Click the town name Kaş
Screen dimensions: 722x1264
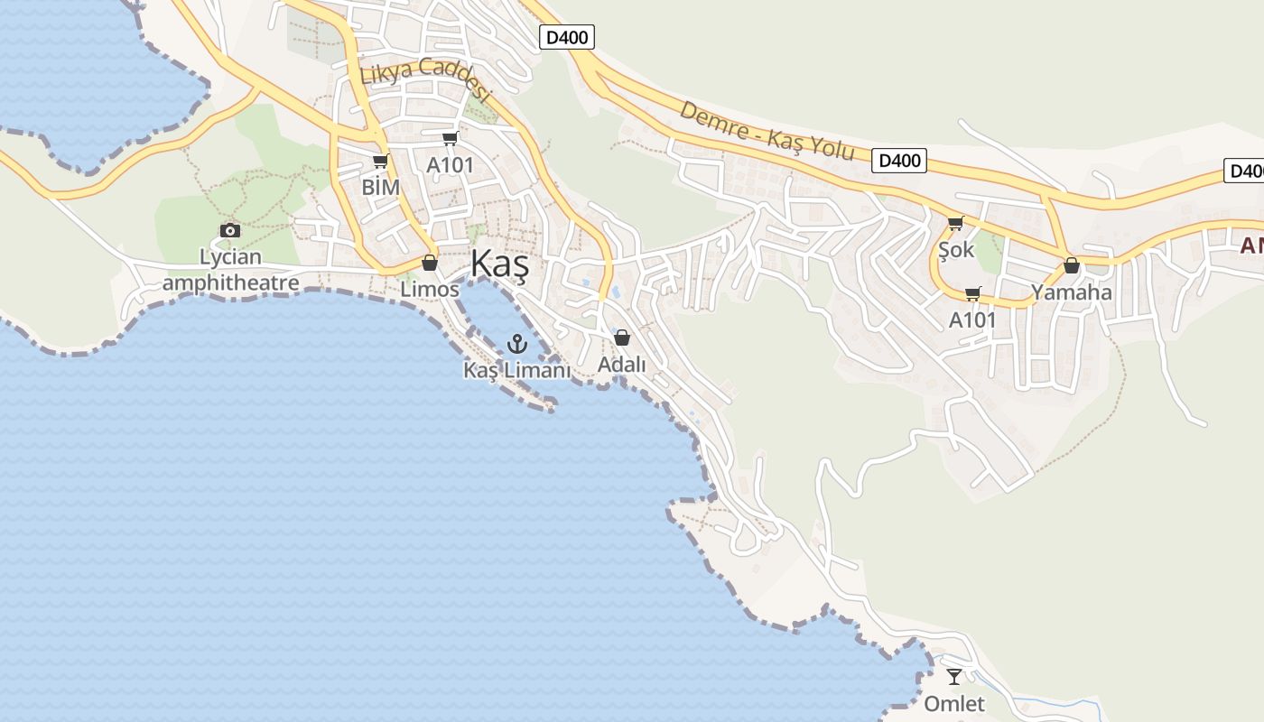pyautogui.click(x=499, y=264)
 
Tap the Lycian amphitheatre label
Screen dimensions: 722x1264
pyautogui.click(x=230, y=270)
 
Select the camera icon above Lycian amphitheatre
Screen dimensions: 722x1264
pyautogui.click(x=230, y=230)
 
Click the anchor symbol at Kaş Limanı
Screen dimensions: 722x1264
pyautogui.click(x=517, y=343)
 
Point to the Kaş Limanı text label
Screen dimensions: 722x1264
pyautogui.click(x=517, y=370)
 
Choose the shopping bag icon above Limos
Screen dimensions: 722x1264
pyautogui.click(x=430, y=263)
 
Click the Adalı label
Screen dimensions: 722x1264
pyautogui.click(x=622, y=365)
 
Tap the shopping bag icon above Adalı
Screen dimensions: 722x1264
pyautogui.click(x=621, y=338)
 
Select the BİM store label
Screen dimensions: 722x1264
pyautogui.click(x=380, y=187)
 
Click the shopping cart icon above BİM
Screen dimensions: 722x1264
pyautogui.click(x=380, y=162)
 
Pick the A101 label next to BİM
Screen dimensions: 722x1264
pyautogui.click(x=450, y=166)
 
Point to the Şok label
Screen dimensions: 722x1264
pyautogui.click(x=956, y=249)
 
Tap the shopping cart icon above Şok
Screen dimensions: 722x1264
pyautogui.click(x=955, y=223)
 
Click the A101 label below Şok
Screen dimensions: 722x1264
pyautogui.click(x=972, y=319)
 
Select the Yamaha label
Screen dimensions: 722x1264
pyautogui.click(x=1072, y=292)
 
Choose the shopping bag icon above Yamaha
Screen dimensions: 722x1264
pyautogui.click(x=1072, y=265)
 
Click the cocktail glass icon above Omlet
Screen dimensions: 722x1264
pyautogui.click(x=954, y=676)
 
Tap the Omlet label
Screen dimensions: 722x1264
pyautogui.click(x=954, y=703)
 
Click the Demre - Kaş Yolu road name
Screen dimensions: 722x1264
pyautogui.click(x=767, y=131)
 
